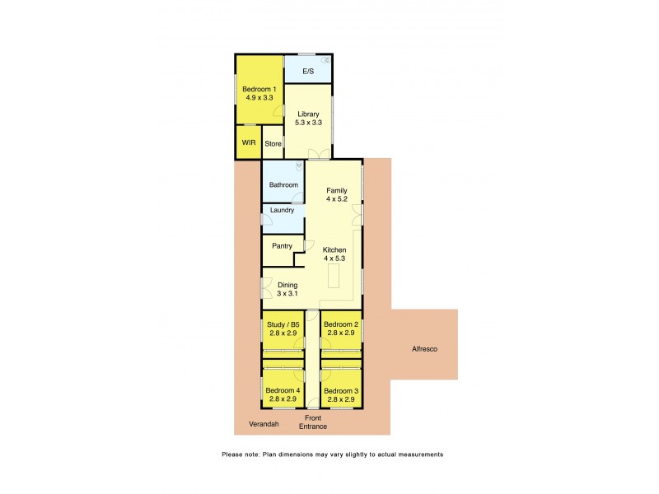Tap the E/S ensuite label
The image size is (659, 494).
click(x=308, y=72)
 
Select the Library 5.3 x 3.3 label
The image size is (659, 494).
click(x=308, y=118)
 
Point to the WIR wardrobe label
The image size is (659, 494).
click(x=249, y=143)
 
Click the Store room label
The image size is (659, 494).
click(x=273, y=144)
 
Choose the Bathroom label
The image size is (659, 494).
click(x=283, y=185)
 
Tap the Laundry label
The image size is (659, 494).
click(x=283, y=210)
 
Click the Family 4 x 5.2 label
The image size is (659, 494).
click(x=337, y=194)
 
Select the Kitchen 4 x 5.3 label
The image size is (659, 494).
click(x=334, y=254)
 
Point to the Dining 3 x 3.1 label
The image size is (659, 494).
click(x=287, y=289)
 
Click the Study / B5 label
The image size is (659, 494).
click(x=283, y=329)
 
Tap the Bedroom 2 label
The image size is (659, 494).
click(x=340, y=329)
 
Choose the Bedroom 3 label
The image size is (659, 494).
click(x=340, y=394)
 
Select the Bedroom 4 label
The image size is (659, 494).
click(x=283, y=394)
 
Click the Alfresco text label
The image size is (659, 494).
click(x=424, y=349)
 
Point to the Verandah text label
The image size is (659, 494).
click(x=264, y=425)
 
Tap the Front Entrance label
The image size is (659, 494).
click(x=312, y=422)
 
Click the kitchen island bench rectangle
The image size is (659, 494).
click(x=334, y=278)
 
